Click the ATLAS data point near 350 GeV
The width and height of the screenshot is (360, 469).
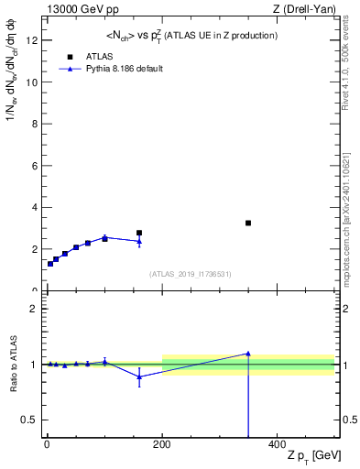pyautogui.click(x=248, y=223)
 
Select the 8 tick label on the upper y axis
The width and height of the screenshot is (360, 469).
pyautogui.click(x=33, y=124)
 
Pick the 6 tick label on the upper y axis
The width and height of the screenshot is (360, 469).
pyautogui.click(x=33, y=166)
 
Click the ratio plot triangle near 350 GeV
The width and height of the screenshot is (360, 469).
pyautogui.click(x=248, y=354)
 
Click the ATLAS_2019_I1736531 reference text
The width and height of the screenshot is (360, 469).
pyautogui.click(x=191, y=274)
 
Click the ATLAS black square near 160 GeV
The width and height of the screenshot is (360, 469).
pyautogui.click(x=139, y=233)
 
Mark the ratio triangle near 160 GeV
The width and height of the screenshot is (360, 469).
pyautogui.click(x=139, y=376)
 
